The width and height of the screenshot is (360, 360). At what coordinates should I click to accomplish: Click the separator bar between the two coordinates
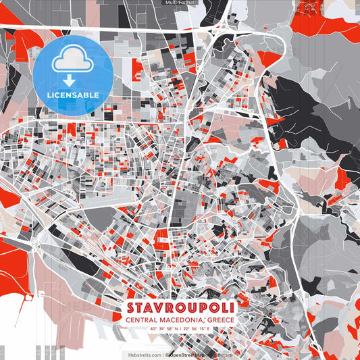coord(180,331)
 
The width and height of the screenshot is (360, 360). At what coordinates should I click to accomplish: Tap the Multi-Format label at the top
coord(180,3)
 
